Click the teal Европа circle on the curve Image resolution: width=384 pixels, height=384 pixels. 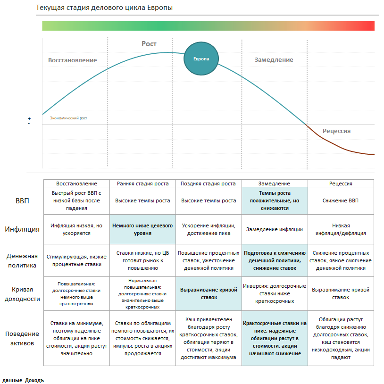point(200,58)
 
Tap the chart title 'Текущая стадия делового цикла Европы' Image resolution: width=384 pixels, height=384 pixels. point(104,8)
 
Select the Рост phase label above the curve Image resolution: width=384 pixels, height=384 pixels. point(149,44)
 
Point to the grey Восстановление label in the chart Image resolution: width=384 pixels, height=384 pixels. point(72,60)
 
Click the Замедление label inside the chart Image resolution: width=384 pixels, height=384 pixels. point(274,60)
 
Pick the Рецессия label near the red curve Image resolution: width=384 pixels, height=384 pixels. point(336,131)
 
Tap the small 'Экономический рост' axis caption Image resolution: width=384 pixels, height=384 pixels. point(68,118)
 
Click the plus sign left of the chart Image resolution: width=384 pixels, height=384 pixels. point(29,118)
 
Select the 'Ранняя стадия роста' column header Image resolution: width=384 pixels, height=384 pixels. point(142,184)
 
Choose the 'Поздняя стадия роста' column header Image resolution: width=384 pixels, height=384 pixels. point(209,184)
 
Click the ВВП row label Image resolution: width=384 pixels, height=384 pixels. point(22,201)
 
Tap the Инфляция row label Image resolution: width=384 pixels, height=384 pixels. point(22,230)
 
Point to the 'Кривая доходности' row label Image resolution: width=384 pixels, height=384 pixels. point(22,294)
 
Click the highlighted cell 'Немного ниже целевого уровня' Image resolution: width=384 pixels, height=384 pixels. point(142,229)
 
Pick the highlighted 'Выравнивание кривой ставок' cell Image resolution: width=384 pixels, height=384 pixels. point(209,293)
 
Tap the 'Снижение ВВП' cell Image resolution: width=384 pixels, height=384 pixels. point(341,200)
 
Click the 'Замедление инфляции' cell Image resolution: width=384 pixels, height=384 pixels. point(274,229)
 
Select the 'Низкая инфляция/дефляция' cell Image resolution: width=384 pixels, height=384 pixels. point(341,229)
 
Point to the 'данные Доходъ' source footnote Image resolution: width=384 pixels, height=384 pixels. point(23,380)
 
